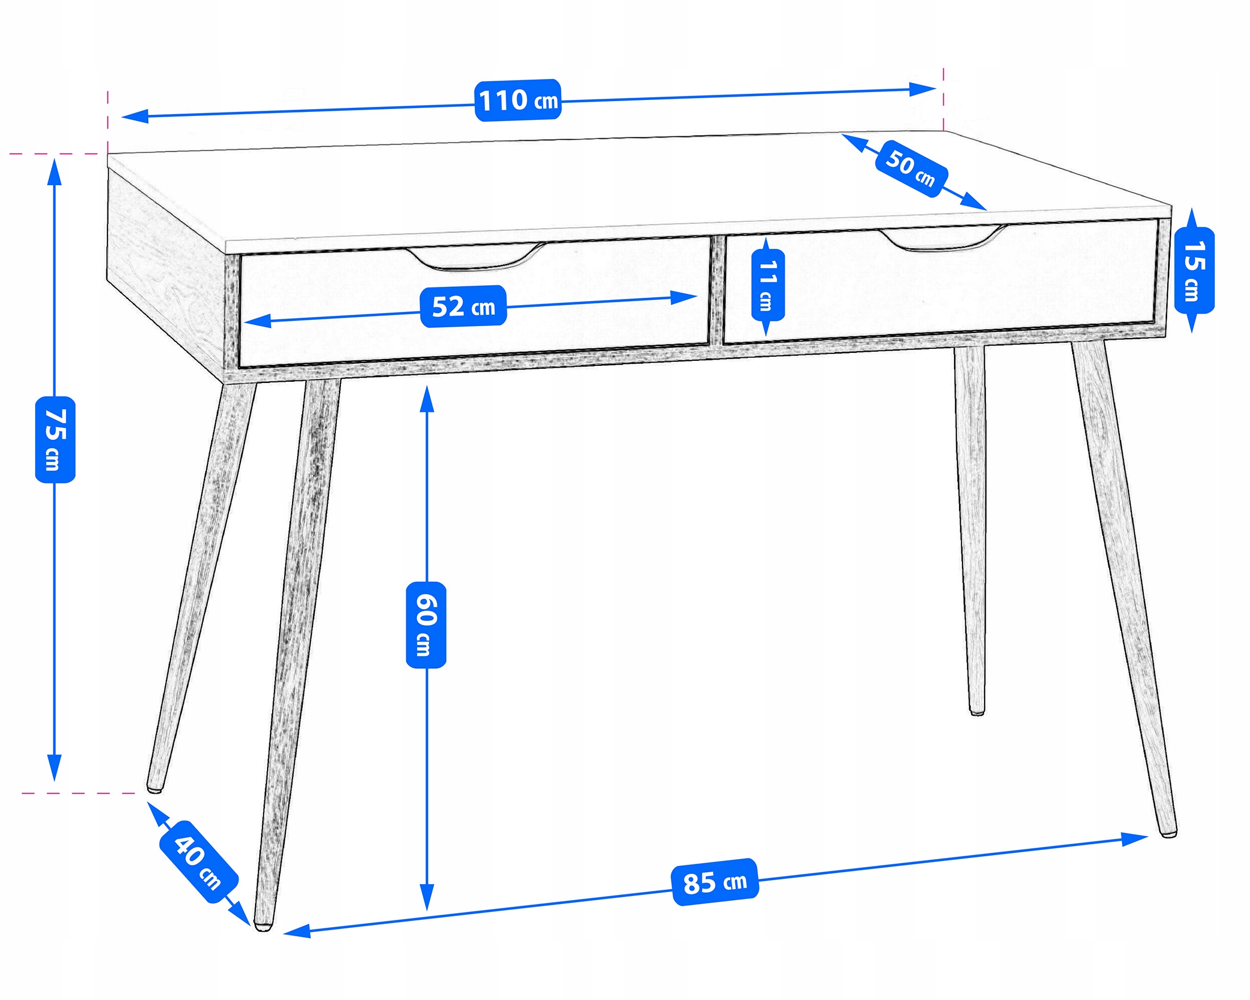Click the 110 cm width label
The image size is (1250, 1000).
point(518,101)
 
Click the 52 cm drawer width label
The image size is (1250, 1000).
point(463,306)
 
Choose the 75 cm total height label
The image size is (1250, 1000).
point(55,439)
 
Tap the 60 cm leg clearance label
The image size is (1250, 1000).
point(426,625)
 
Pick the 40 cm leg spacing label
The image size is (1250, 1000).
point(198,862)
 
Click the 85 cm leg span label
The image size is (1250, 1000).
point(715,882)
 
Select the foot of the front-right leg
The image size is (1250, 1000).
point(1168,832)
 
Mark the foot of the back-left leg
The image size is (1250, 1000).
point(154,788)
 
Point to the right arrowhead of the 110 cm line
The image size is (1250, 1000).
point(922,89)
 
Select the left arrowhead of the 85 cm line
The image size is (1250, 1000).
point(297,931)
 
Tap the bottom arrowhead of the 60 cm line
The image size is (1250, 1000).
point(427,897)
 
